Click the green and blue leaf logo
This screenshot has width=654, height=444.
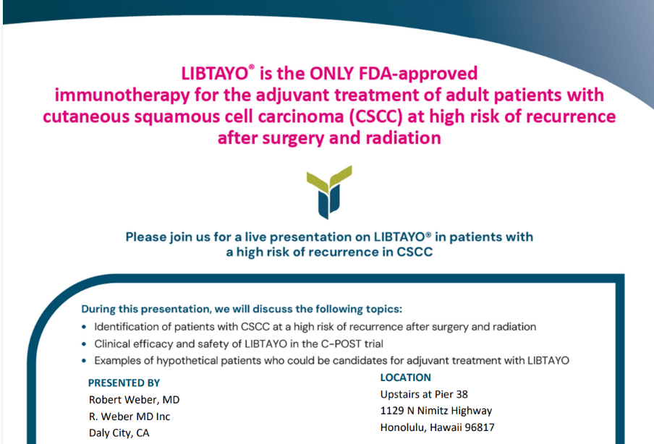coord(329,192)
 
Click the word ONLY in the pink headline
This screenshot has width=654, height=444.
coord(331,73)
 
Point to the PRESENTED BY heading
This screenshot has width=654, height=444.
coord(124,383)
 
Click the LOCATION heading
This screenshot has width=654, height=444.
coord(405,377)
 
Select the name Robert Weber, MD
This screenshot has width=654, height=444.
coord(134,400)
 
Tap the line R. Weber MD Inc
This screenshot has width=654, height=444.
coord(129,417)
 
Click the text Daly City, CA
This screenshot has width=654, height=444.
coord(119,433)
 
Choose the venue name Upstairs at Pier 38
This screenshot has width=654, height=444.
coord(424,394)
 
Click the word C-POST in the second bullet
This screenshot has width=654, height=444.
coord(341,344)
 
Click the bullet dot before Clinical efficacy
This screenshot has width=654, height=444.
coord(84,344)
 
